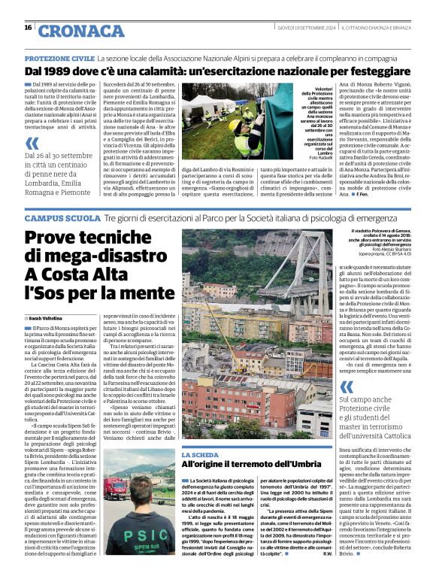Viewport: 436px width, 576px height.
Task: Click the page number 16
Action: tap(28, 28)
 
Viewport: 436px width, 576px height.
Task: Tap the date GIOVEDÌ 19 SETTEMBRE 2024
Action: tap(299, 27)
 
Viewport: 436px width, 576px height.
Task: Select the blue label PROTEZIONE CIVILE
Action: tap(59, 58)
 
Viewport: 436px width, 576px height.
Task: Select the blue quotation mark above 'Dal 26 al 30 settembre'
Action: tap(32, 143)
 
